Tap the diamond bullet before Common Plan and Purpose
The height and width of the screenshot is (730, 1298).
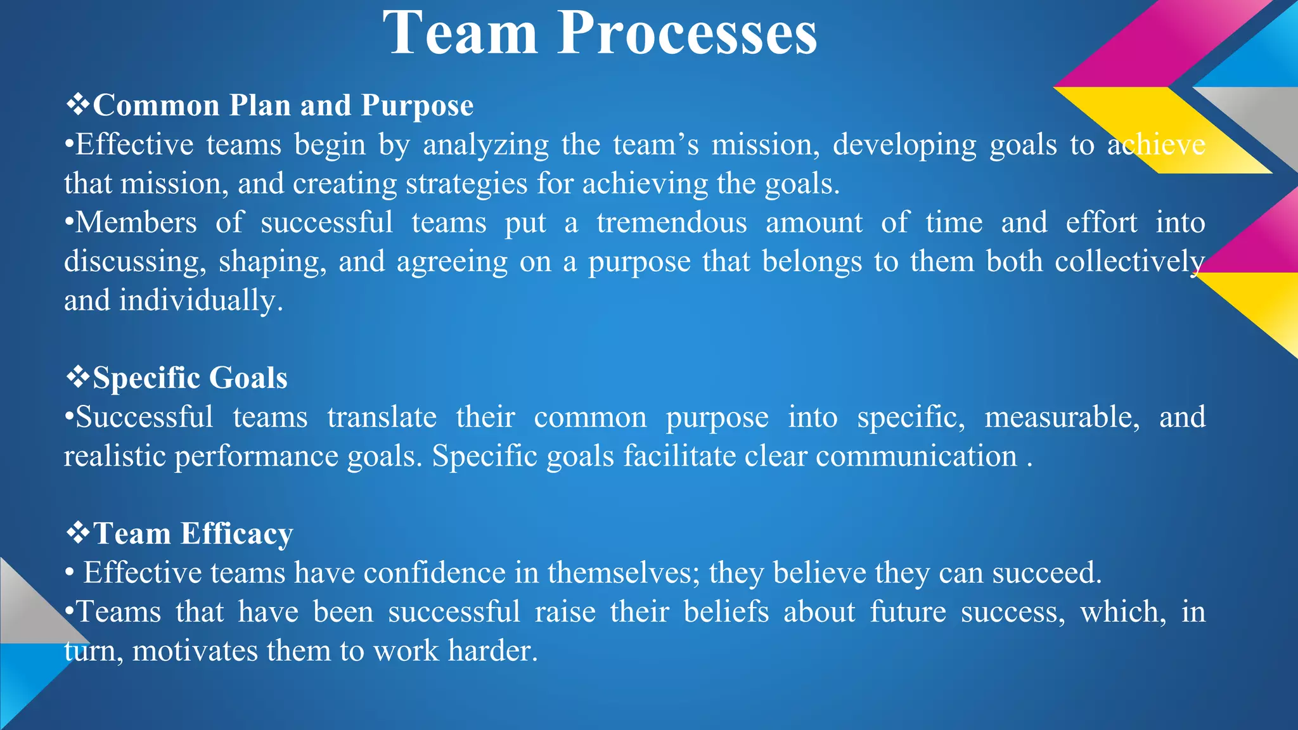pos(77,105)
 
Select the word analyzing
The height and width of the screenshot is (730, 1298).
pos(485,145)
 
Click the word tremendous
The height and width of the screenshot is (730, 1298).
pos(672,223)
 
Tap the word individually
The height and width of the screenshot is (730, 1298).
pos(200,301)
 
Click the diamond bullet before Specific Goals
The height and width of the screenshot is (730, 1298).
pos(77,378)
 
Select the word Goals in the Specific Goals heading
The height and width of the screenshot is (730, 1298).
pos(248,378)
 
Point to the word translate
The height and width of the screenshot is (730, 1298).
pos(382,418)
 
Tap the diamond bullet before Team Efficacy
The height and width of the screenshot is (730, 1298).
pos(77,534)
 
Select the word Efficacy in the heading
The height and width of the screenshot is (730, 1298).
pos(236,534)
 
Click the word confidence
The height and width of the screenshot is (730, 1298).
pos(434,573)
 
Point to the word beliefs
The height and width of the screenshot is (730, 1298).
pos(726,612)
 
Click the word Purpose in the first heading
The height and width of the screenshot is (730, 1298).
pos(417,106)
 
